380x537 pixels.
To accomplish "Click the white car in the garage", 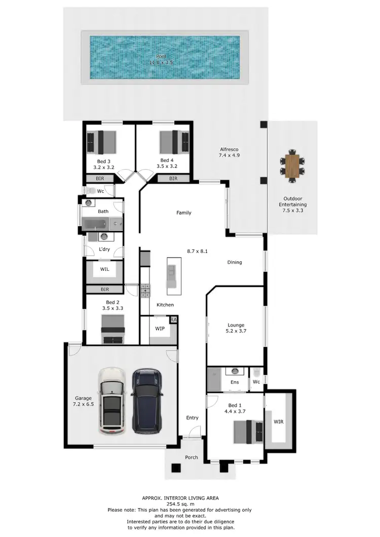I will (112, 401).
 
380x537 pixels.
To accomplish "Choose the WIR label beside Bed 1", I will (279, 421).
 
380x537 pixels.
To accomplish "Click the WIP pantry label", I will (160, 328).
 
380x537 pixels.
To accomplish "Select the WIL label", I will (104, 269).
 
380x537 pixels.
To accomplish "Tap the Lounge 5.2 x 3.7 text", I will (236, 328).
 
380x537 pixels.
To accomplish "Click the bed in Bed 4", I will (175, 142).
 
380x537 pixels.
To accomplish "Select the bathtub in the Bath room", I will (96, 223).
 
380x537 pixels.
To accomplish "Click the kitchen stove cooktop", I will (145, 290).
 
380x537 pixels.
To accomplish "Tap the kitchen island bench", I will (173, 276).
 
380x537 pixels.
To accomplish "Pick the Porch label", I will (192, 458).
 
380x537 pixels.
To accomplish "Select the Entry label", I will (193, 418).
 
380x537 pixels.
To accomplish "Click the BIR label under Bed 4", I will (173, 179).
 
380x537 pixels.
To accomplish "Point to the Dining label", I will (235, 262).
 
